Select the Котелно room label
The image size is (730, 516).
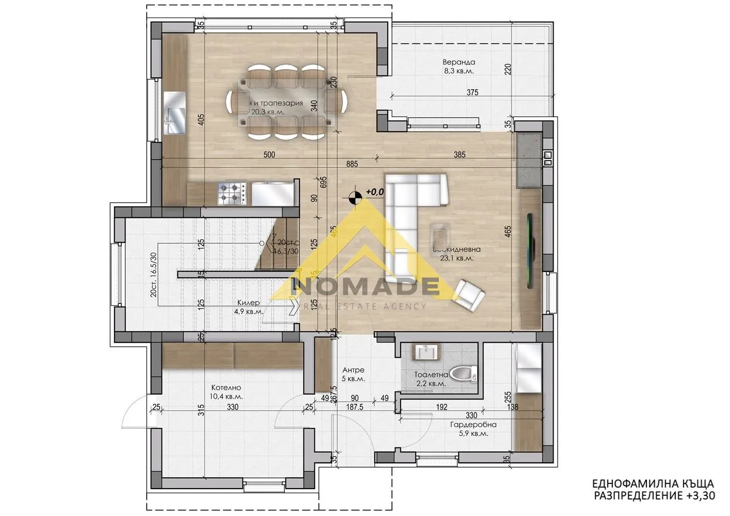[226, 388]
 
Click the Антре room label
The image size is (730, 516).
[354, 370]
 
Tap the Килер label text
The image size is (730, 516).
[249, 303]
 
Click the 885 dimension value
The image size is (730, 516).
[353, 164]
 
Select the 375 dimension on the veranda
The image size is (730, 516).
[472, 93]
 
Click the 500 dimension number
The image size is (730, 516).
[268, 154]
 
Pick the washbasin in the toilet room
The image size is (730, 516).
[426, 352]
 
